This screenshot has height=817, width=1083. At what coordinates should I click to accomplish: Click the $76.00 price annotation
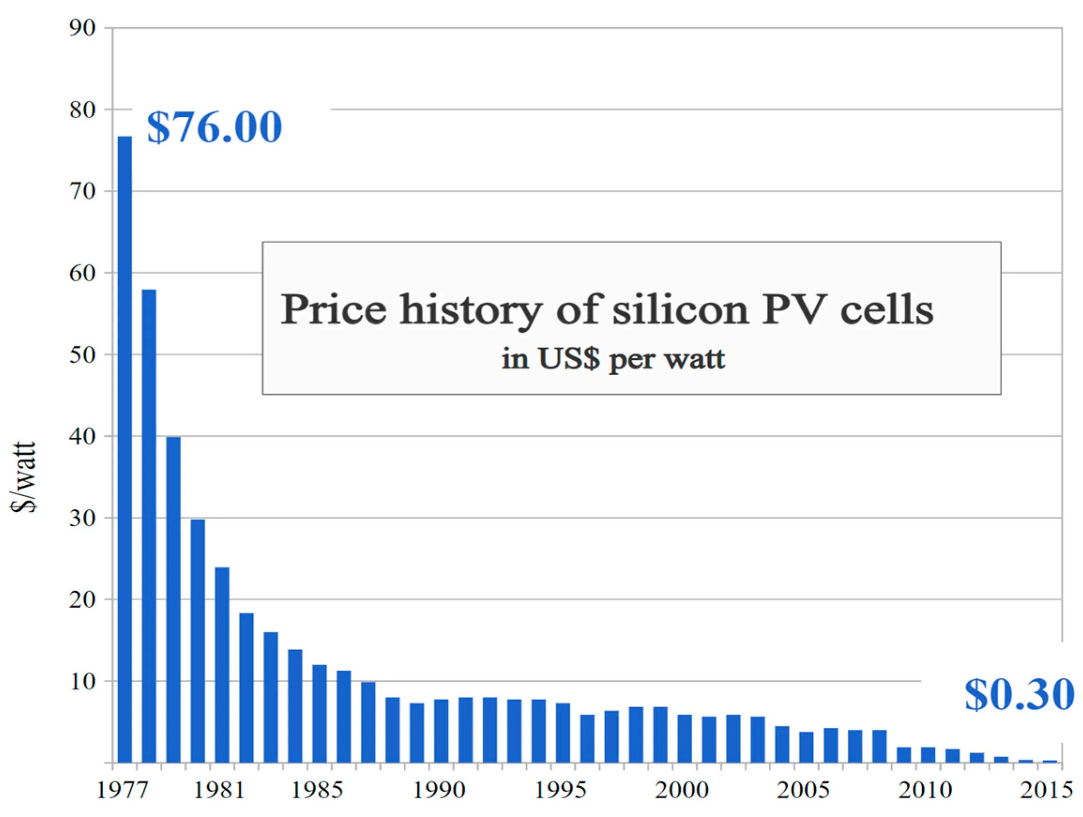tap(214, 127)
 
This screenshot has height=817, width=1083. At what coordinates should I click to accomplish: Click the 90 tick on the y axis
tap(82, 29)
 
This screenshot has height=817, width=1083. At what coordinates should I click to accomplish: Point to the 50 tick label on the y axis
tap(82, 355)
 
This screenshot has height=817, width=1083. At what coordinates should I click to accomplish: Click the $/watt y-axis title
tap(23, 477)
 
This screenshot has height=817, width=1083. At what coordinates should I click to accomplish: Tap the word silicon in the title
tap(681, 310)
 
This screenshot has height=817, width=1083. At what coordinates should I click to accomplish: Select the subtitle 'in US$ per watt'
tap(613, 359)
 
